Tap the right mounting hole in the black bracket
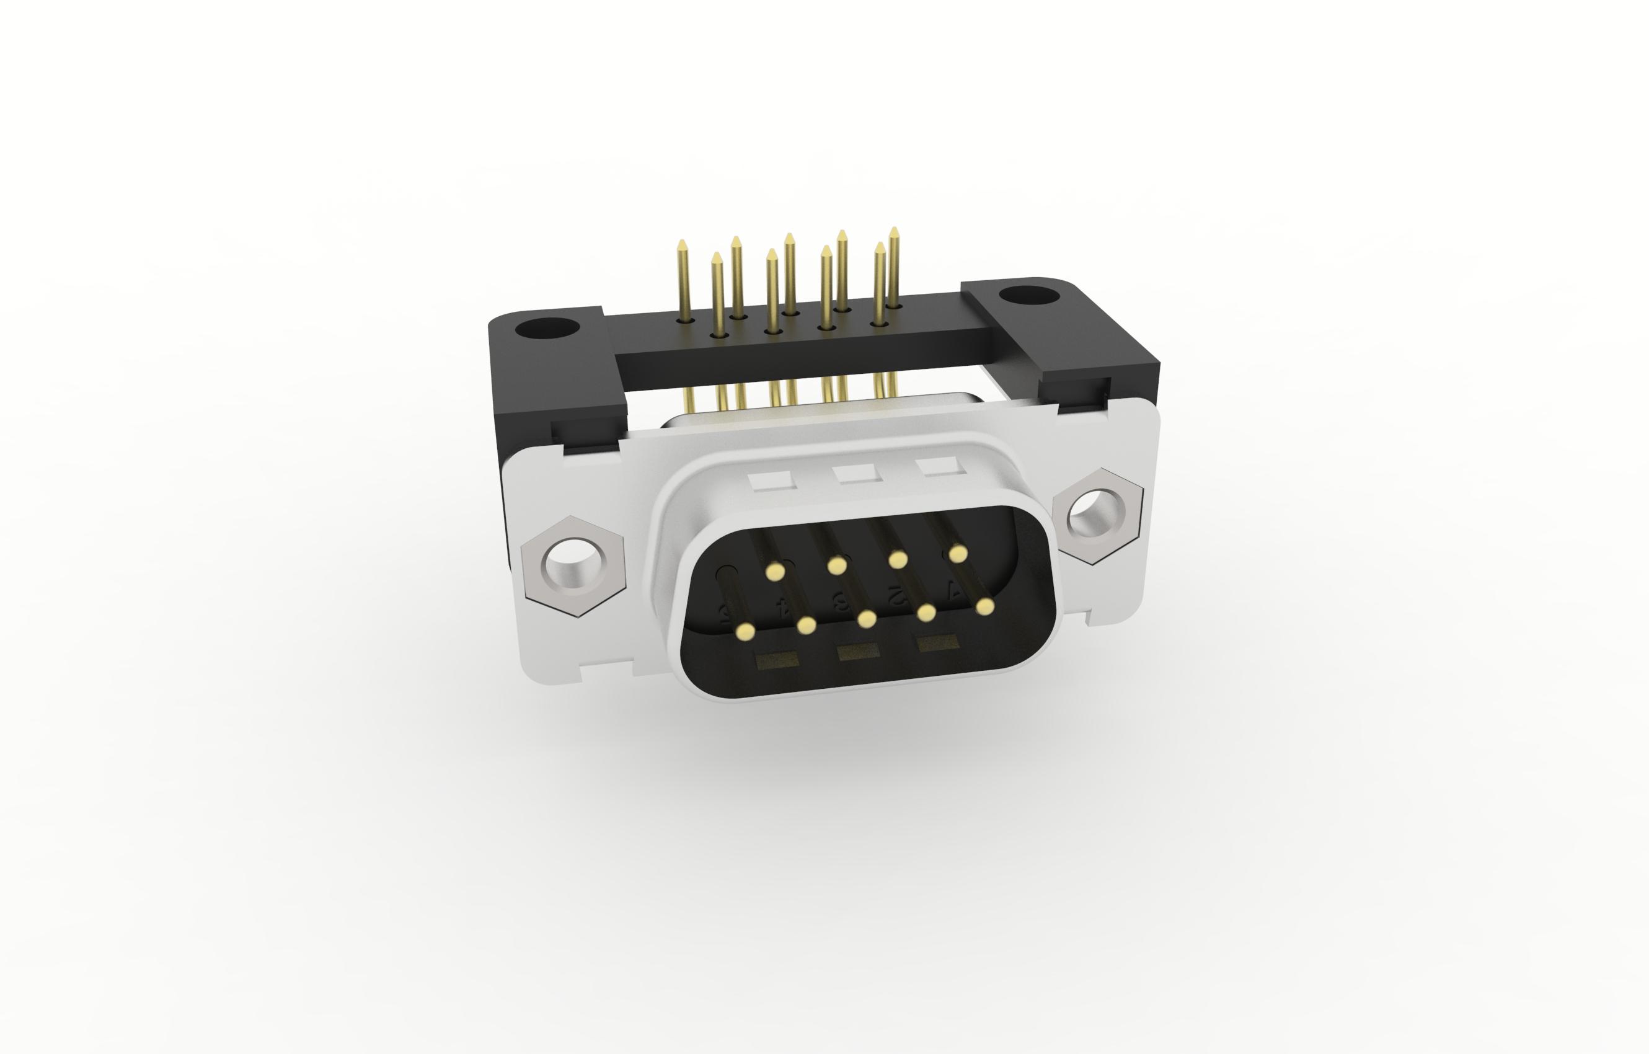1028,296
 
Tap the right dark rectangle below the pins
937,644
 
